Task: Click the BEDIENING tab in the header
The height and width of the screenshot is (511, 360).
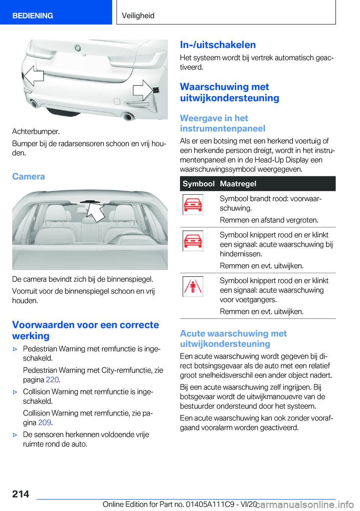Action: point(33,16)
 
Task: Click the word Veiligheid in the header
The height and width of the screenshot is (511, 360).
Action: point(138,16)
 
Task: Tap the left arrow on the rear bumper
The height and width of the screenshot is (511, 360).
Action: point(33,76)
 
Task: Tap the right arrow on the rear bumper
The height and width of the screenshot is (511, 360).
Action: point(143,90)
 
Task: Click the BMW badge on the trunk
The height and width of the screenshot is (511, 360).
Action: point(78,48)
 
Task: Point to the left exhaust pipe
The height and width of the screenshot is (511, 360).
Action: point(34,104)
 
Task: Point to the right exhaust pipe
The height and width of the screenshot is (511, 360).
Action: point(128,116)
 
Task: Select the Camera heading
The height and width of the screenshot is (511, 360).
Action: point(28,176)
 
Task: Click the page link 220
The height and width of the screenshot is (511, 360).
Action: point(52,380)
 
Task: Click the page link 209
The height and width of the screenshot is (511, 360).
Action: point(45,422)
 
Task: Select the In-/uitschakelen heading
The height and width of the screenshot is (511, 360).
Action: point(218,45)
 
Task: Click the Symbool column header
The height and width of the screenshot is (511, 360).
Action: point(198,184)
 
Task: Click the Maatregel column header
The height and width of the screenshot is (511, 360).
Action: point(238,184)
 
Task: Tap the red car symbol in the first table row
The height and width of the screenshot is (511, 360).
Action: point(193,204)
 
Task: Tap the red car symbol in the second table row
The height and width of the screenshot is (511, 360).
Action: point(193,241)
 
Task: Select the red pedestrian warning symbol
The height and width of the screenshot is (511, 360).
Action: point(193,287)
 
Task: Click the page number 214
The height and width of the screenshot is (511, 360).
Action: point(21,494)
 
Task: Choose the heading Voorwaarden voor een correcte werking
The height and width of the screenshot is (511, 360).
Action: point(85,330)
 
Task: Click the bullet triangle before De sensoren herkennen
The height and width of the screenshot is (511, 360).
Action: point(15,435)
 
